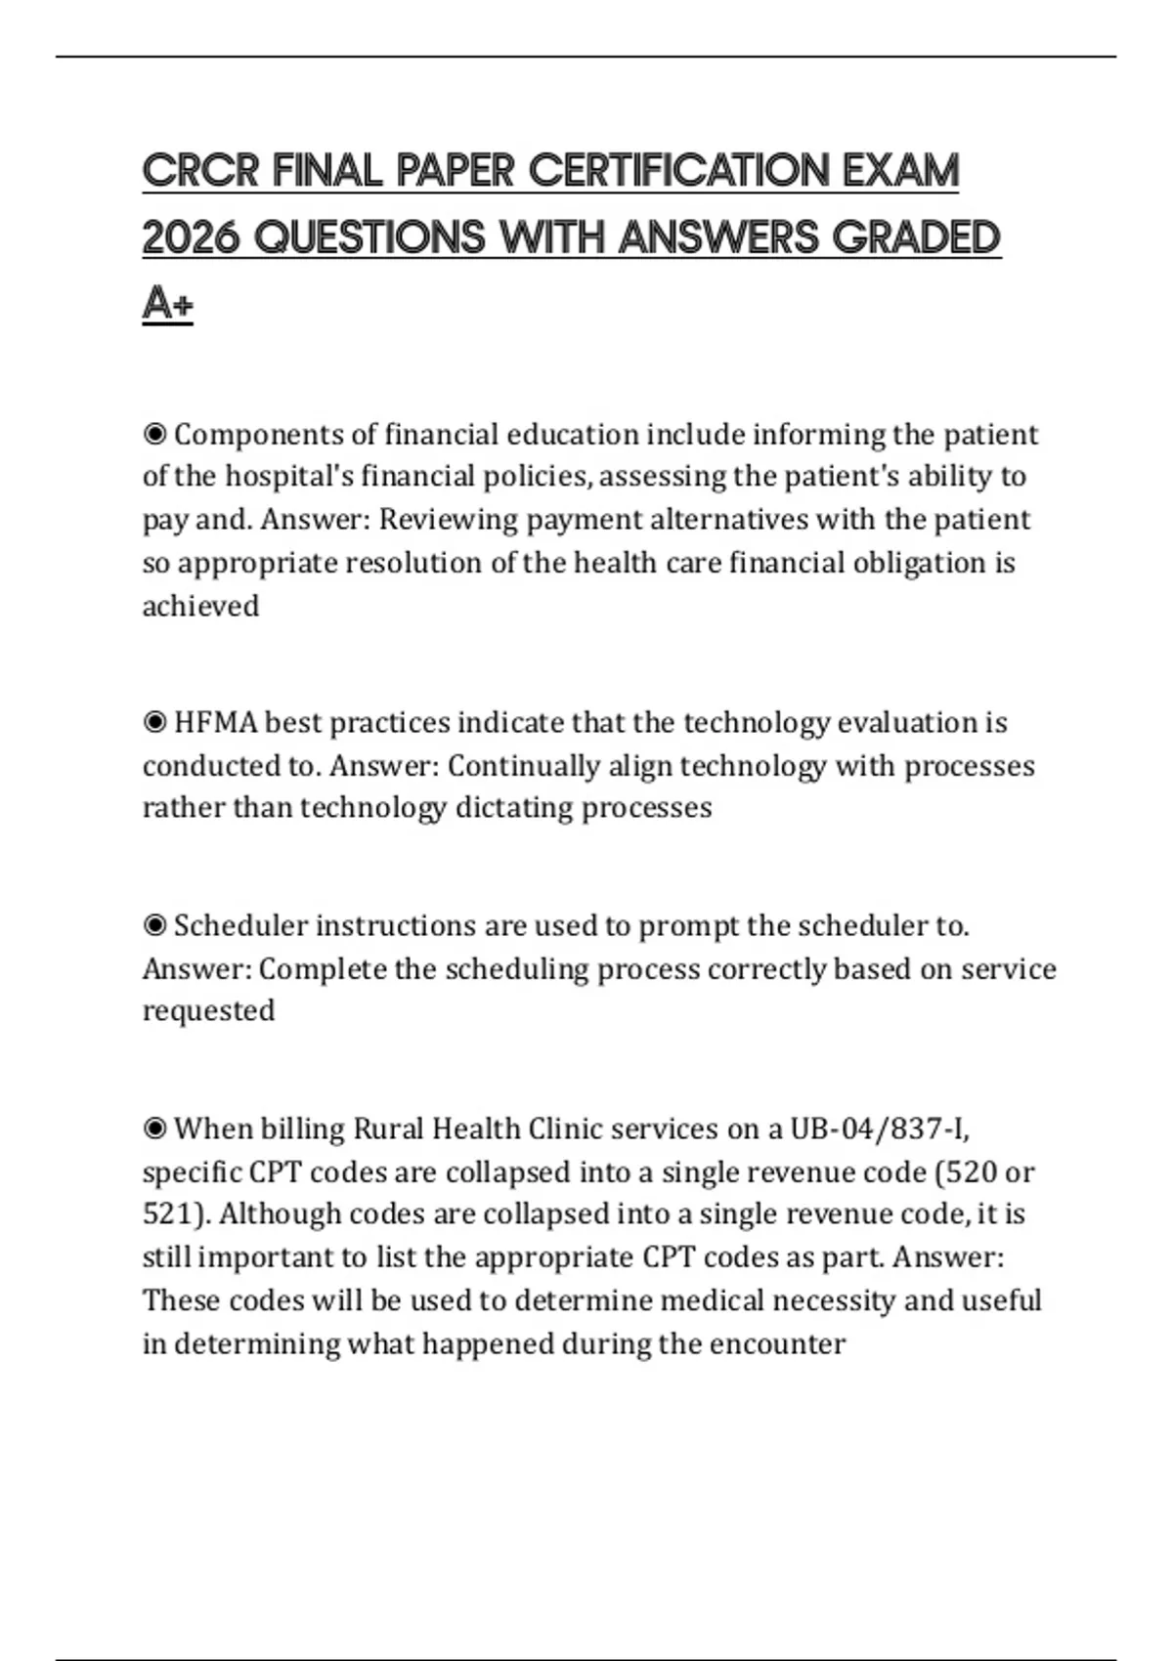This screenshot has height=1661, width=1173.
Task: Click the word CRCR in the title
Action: tap(200, 171)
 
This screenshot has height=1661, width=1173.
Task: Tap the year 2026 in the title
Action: tap(191, 237)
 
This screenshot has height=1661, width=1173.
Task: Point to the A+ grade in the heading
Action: tap(167, 304)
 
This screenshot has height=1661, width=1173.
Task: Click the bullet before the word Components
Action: tap(154, 433)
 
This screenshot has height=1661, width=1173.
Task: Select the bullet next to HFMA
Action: tap(154, 722)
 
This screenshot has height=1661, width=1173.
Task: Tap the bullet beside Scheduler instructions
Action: tap(154, 924)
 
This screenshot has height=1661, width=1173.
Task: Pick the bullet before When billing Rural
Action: tap(154, 1129)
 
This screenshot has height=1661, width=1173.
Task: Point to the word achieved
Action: tap(200, 606)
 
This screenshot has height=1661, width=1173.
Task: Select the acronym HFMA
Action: tap(215, 722)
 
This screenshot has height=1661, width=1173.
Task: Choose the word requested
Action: tap(208, 1010)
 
